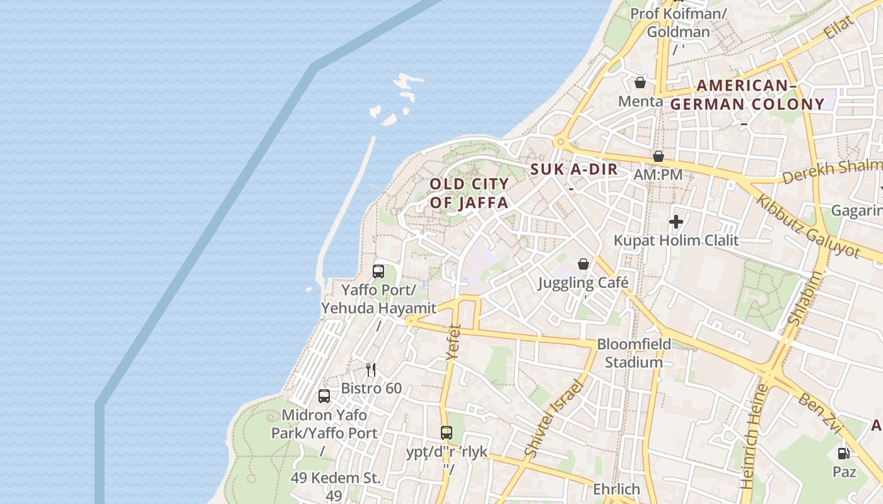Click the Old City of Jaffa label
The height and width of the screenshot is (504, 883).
point(469,193)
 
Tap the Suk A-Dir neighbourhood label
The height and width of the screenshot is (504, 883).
point(574,169)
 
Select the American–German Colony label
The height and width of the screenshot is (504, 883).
point(747,95)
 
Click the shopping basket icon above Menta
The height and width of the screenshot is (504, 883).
point(640,83)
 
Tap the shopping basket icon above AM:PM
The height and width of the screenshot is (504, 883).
point(658,156)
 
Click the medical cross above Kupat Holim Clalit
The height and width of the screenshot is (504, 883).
point(676,222)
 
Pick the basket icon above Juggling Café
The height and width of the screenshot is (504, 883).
point(583,264)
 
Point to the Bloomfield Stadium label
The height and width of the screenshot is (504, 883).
point(634,353)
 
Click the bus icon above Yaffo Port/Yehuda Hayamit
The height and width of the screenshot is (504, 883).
point(378,272)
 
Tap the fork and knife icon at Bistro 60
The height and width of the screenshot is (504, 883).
point(371,370)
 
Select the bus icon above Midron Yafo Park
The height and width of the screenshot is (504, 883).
point(324,396)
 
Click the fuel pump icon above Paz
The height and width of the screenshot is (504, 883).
point(843,453)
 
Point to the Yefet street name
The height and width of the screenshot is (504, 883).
point(453,342)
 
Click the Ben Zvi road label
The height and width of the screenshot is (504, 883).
point(820,413)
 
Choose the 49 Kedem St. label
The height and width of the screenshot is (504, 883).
point(336,478)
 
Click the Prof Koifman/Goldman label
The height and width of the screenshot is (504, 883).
point(678,22)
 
